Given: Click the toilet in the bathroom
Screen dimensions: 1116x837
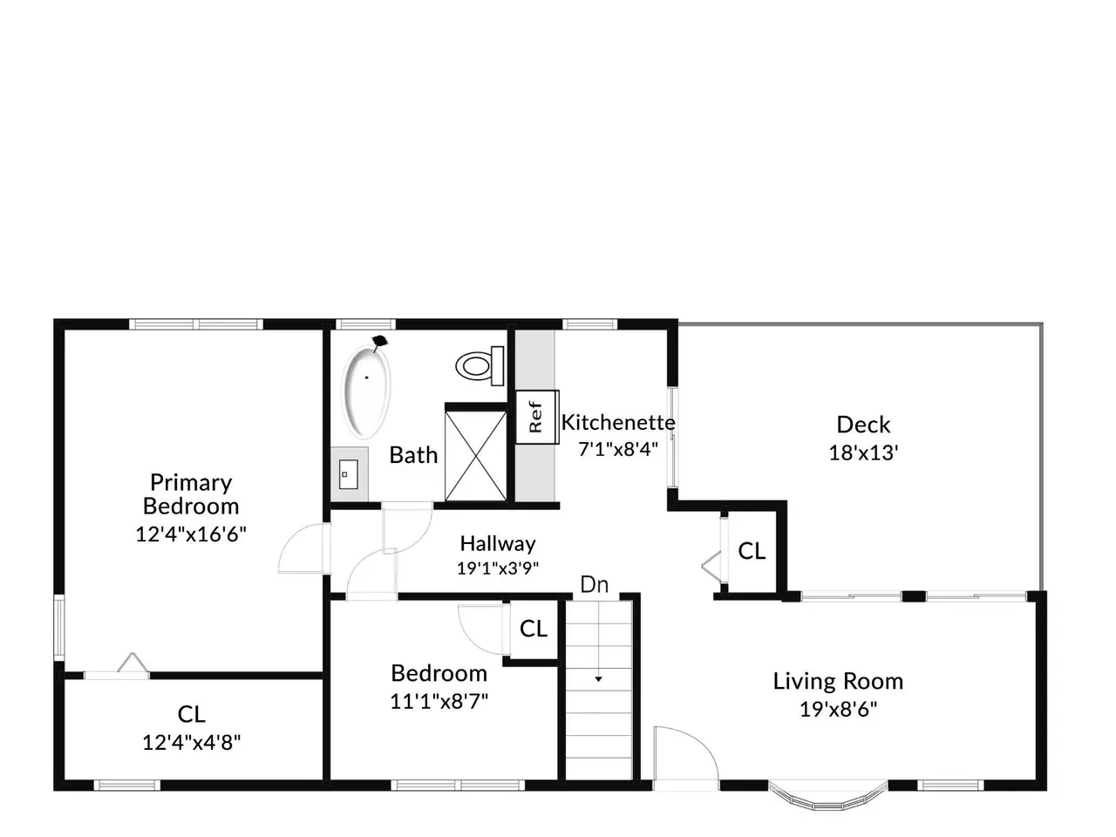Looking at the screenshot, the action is [x=480, y=366].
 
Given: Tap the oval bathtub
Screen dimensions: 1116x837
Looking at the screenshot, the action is [x=366, y=391].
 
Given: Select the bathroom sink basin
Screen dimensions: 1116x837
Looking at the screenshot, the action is [x=348, y=474].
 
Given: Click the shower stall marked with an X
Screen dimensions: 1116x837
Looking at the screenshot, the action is [x=475, y=456].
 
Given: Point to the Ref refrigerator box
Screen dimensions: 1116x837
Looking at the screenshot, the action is [x=537, y=417].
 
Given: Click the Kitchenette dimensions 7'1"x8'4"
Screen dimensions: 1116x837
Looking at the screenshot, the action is [x=618, y=449].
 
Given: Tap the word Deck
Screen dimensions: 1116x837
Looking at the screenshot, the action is [x=863, y=425].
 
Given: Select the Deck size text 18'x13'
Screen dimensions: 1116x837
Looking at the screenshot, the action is [x=863, y=453].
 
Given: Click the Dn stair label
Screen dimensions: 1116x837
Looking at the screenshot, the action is [x=594, y=585].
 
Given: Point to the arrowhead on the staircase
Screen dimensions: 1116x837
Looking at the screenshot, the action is [x=598, y=679].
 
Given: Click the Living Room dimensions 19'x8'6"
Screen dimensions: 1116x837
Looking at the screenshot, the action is [x=838, y=709].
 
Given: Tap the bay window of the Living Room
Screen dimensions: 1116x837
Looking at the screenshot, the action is [x=827, y=802].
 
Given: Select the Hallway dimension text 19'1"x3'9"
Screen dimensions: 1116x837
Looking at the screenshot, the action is [x=497, y=568].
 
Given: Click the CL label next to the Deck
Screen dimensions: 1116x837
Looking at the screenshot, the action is [x=752, y=551].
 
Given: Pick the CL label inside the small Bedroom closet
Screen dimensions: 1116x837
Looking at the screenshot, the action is [x=534, y=629].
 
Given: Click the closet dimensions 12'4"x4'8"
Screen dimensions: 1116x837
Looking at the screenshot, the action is [x=191, y=743].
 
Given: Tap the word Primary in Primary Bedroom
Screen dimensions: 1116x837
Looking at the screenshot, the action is [x=191, y=483].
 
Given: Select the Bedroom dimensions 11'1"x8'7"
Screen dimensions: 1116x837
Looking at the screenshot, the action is [x=439, y=702].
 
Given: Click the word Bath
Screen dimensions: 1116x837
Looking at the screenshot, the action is [x=413, y=455].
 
